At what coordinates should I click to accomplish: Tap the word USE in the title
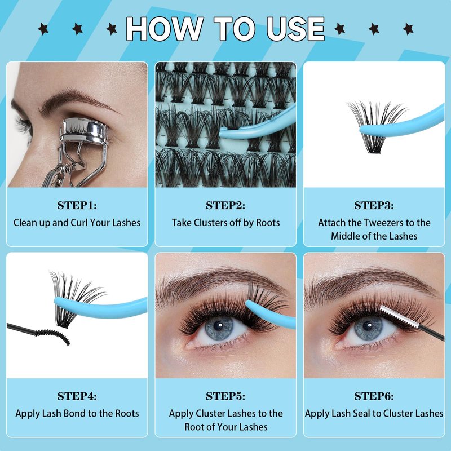(295, 29)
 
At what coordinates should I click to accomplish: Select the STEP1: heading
(77, 205)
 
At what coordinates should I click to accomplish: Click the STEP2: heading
(225, 205)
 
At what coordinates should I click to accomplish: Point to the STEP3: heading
(374, 205)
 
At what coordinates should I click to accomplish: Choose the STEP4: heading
(77, 396)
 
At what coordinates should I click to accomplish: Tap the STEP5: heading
(225, 396)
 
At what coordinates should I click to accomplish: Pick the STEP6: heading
(374, 396)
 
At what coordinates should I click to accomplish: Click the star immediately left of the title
(112, 29)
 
